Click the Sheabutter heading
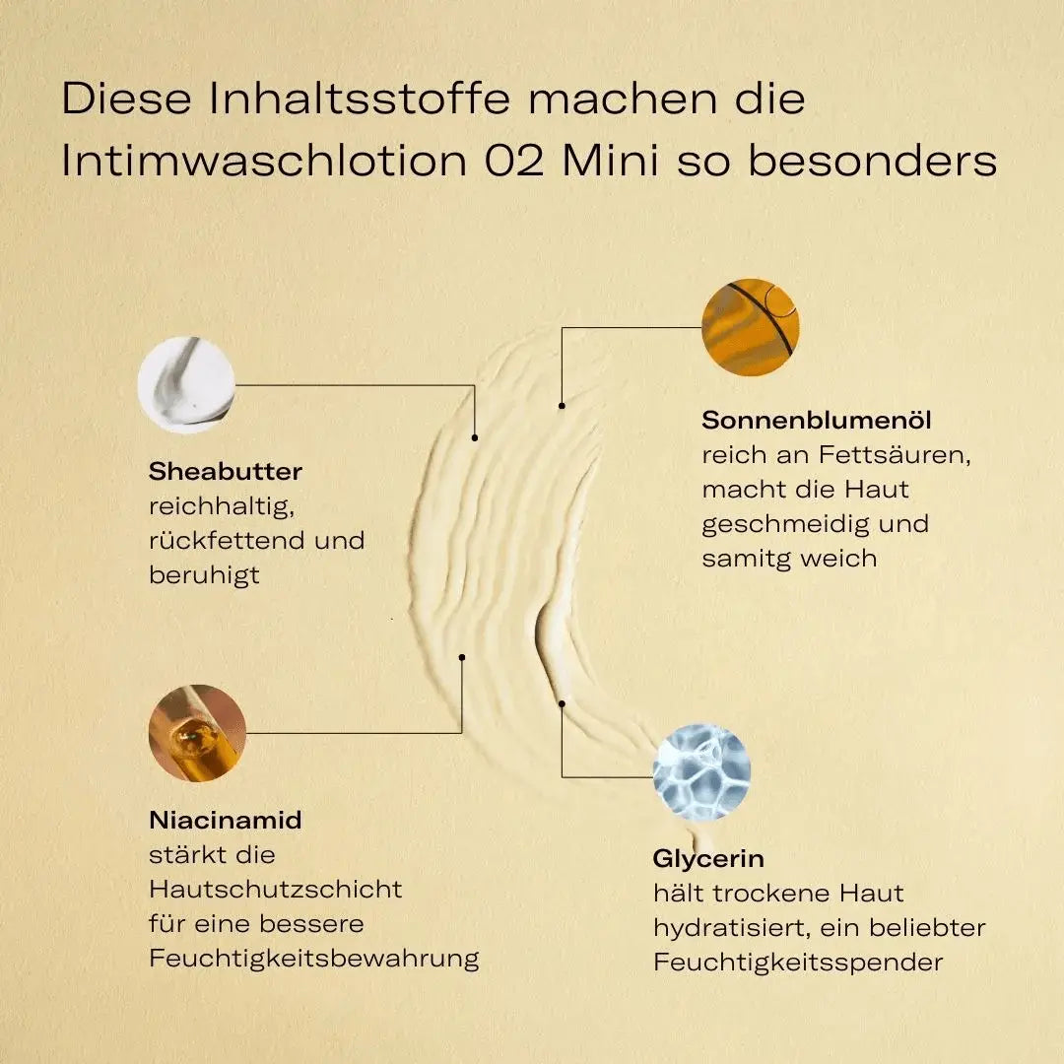tap(226, 472)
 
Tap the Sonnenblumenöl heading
tap(817, 421)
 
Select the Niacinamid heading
tap(226, 820)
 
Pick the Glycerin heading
tap(708, 859)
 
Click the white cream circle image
tap(186, 385)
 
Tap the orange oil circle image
tap(750, 327)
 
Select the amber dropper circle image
tap(197, 733)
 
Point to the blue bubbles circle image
tap(701, 772)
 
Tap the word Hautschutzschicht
tap(276, 890)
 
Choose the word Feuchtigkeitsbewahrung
tap(314, 959)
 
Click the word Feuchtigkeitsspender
tap(798, 963)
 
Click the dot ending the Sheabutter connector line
tap(475, 436)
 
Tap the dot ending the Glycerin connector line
tap(562, 703)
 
